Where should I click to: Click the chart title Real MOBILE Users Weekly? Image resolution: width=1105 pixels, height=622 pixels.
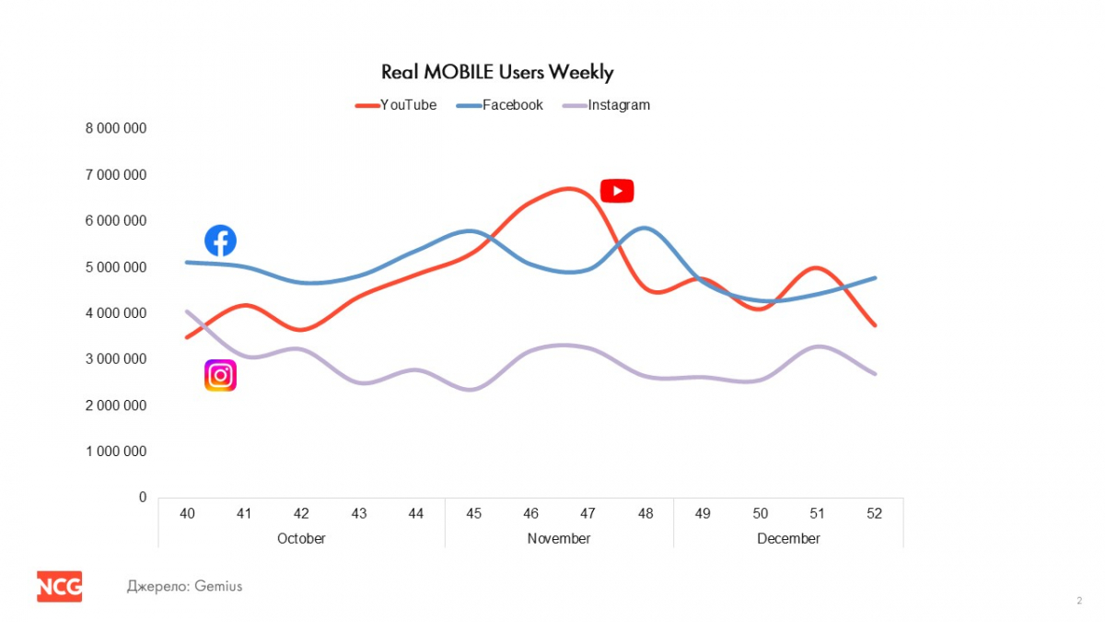[497, 72]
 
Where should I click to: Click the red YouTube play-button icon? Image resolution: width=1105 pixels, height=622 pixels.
[617, 191]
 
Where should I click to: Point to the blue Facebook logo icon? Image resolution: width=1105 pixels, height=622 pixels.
[220, 241]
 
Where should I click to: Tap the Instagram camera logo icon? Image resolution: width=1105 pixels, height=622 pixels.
[220, 375]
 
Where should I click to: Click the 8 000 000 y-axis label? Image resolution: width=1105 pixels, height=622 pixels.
[116, 128]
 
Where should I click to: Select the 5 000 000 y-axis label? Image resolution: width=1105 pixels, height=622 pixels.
[116, 267]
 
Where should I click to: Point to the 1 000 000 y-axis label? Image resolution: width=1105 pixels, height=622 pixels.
[116, 452]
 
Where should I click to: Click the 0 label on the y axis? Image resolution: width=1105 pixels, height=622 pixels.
[143, 498]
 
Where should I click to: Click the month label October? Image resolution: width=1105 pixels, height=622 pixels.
[301, 538]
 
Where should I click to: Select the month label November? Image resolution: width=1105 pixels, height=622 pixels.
[559, 538]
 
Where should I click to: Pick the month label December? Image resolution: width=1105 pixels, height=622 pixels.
[788, 538]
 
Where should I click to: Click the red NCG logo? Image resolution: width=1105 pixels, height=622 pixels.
[60, 586]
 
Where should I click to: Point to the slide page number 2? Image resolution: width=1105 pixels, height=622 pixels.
[1079, 601]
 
